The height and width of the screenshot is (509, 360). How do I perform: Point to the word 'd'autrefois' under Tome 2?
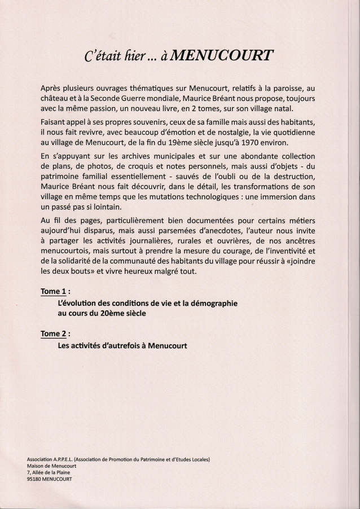click(120, 345)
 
